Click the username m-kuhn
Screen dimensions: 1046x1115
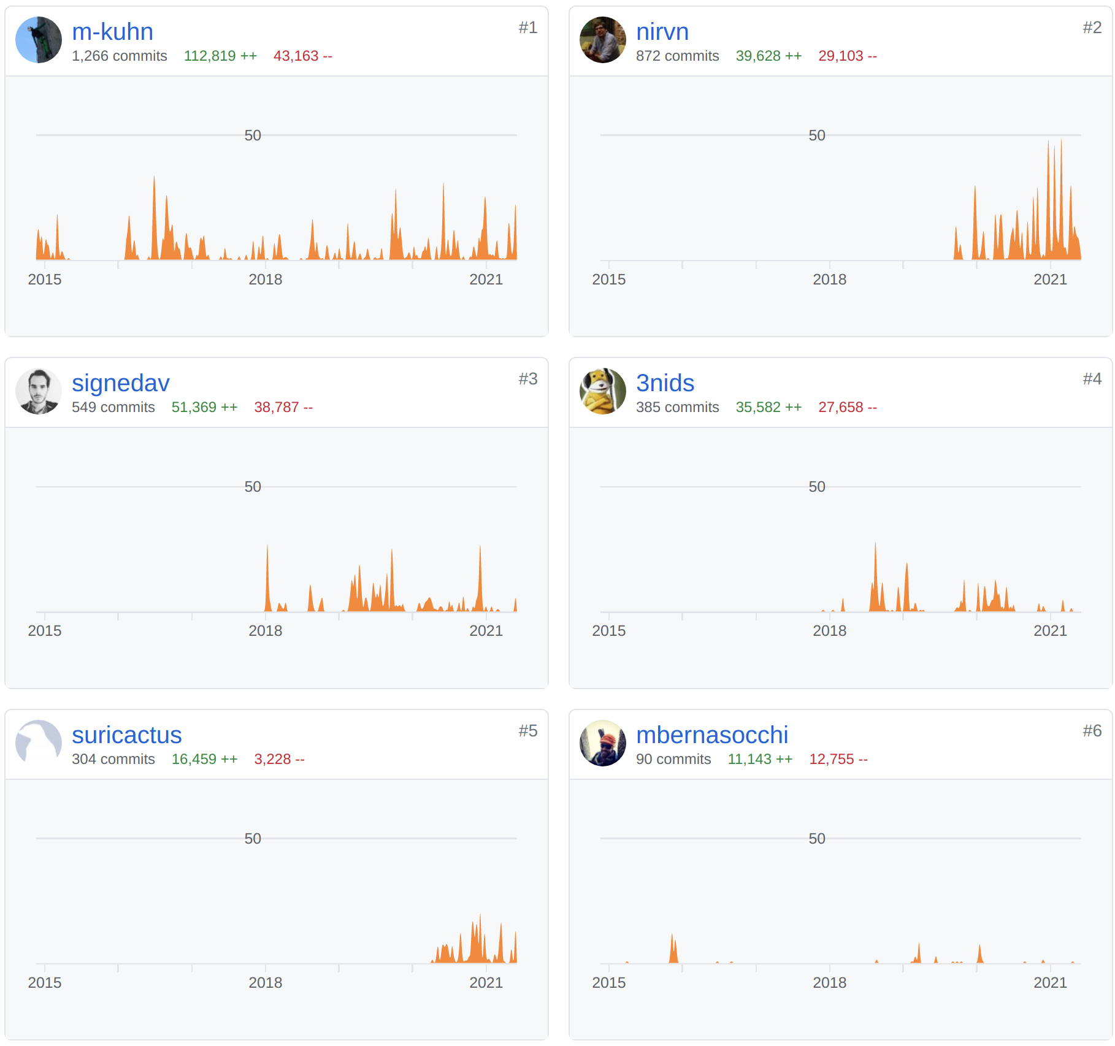112,32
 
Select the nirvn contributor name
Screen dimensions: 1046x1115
662,32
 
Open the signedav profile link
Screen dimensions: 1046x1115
120,383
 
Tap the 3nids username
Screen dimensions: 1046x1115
665,383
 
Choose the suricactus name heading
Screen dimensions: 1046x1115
126,735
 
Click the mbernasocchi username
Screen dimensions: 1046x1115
711,735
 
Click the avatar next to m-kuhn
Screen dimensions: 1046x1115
39,40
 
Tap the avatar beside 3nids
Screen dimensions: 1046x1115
603,391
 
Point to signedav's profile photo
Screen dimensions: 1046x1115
39,391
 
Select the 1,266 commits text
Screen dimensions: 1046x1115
119,56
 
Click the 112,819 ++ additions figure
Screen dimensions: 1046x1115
220,56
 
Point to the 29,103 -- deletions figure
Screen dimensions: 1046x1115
847,56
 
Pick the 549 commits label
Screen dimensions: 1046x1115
113,407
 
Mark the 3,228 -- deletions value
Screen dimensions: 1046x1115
279,759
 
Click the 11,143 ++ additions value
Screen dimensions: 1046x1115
760,759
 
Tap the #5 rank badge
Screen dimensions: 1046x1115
527,731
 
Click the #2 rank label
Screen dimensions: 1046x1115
1092,28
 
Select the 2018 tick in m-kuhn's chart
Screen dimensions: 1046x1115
265,280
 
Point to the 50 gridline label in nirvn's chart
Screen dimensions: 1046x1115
816,136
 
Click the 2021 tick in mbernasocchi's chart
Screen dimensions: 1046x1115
1050,983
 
